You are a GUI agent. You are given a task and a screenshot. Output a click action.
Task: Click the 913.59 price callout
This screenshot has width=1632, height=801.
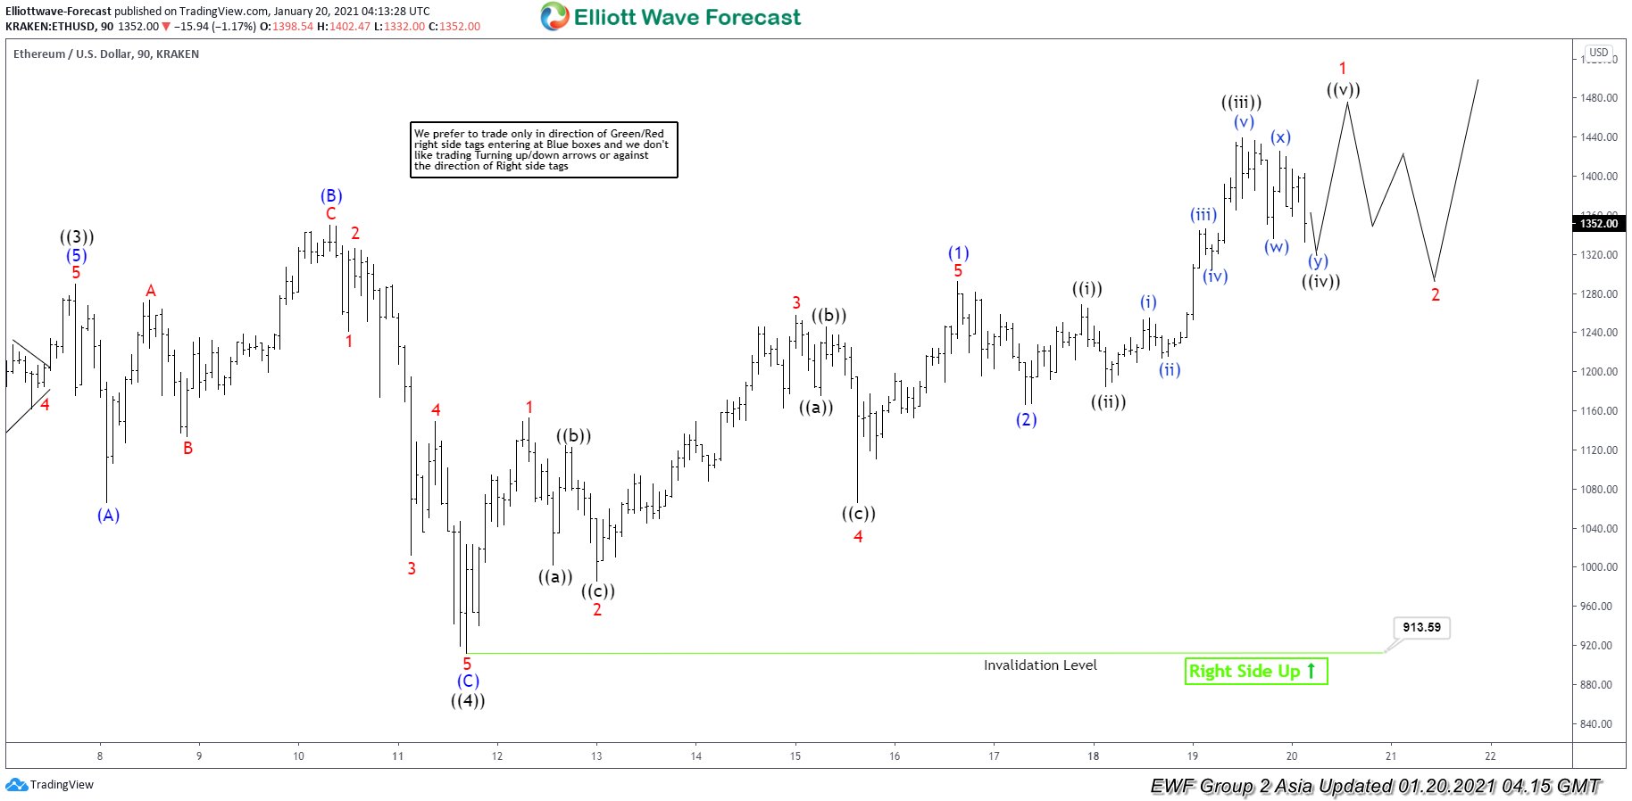coord(1421,627)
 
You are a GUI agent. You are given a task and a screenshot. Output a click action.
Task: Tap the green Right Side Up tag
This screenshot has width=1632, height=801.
coord(1255,671)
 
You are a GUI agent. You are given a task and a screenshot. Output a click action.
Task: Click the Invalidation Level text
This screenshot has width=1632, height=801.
coord(1040,665)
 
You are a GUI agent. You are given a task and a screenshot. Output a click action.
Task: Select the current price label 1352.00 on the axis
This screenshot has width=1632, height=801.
coord(1598,223)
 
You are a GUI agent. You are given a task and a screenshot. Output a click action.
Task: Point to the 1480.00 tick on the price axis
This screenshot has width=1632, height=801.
coord(1598,98)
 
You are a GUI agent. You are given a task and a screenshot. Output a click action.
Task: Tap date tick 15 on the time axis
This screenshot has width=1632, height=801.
coord(795,756)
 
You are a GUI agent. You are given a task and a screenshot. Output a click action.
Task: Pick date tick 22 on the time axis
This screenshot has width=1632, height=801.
coord(1490,756)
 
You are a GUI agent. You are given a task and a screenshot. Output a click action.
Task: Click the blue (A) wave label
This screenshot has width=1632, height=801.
coord(108,516)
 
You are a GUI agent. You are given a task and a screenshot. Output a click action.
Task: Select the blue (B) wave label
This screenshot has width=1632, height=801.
coord(331,196)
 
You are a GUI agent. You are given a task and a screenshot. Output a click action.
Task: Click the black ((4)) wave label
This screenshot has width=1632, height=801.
coord(468,701)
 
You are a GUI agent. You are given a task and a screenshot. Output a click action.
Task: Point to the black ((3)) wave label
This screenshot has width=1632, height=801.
coord(77,237)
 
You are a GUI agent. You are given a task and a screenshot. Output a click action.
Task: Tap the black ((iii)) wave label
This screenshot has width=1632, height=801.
coord(1241,103)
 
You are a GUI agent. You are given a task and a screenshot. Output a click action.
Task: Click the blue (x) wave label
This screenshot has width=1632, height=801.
coord(1281,137)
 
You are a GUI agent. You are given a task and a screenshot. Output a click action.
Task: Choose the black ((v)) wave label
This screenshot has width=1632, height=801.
coord(1343,90)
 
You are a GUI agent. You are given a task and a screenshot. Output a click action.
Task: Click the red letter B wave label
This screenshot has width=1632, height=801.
coord(187,448)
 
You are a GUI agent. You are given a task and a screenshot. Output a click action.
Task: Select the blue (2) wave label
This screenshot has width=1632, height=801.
coord(1027,419)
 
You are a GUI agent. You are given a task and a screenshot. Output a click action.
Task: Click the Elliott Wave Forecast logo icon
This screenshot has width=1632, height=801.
coord(554,17)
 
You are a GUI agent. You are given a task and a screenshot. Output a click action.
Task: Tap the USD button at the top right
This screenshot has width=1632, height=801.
coord(1598,53)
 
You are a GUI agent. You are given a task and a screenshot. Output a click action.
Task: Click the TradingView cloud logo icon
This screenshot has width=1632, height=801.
coord(16,785)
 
